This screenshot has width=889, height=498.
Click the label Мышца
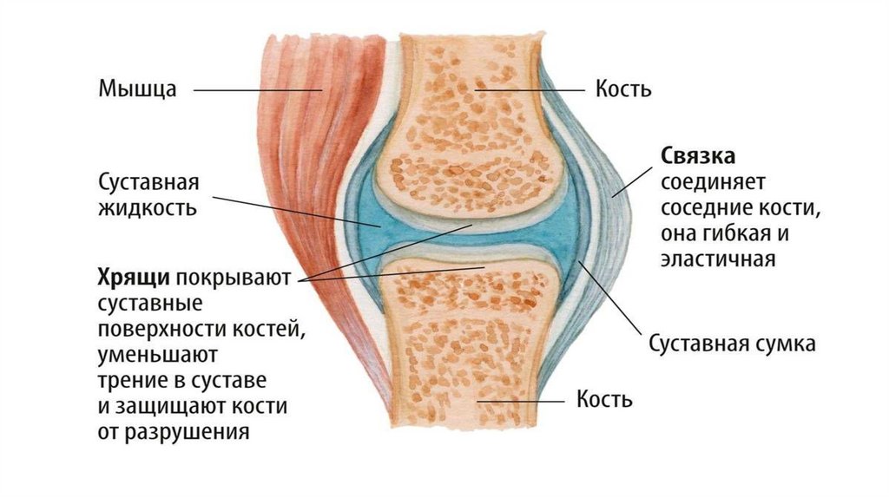pyautogui.click(x=138, y=88)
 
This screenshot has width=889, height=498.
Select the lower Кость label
pyautogui.click(x=605, y=400)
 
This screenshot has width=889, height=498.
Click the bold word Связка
pyautogui.click(x=698, y=157)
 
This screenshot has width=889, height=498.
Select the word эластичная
pyautogui.click(x=716, y=259)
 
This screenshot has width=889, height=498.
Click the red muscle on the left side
pyautogui.click(x=321, y=217)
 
